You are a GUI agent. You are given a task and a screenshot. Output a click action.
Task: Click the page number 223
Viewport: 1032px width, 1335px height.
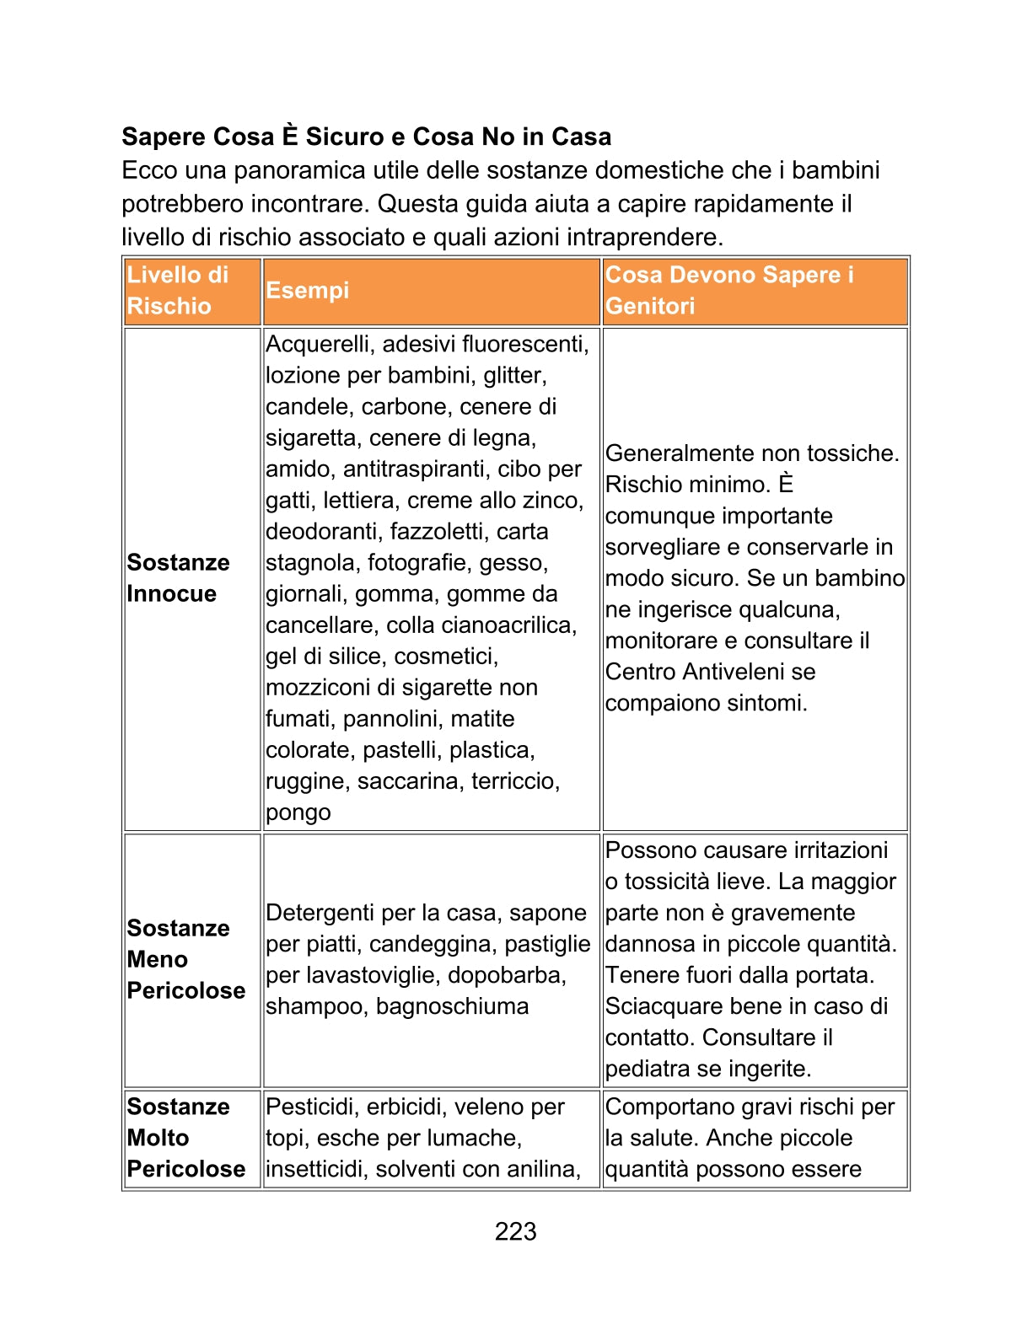coord(515,1231)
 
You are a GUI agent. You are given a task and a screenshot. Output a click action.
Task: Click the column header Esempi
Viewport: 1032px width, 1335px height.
coord(307,290)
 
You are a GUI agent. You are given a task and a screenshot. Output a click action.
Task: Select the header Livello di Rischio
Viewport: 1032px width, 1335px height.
coord(178,290)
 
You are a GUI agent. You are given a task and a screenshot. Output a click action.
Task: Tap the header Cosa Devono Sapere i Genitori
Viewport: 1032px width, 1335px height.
coord(729,290)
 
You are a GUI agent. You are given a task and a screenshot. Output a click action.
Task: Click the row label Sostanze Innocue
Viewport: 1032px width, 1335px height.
coord(178,578)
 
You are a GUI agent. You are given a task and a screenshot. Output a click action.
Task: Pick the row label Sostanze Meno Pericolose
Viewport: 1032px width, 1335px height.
coord(185,959)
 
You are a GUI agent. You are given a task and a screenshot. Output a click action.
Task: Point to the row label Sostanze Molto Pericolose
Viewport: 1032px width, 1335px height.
coord(185,1138)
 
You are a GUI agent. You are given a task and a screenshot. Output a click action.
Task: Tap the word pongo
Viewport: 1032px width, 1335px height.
coord(298,812)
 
